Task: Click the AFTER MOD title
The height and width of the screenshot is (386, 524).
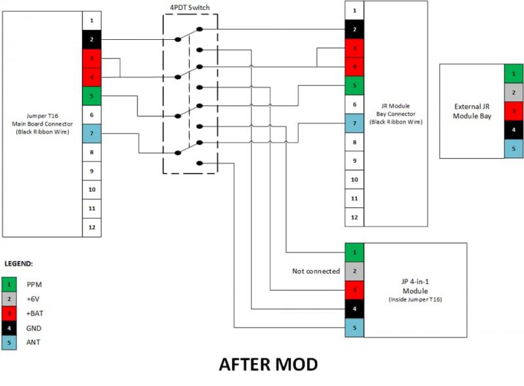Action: tap(268, 364)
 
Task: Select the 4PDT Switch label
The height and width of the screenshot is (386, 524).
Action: tap(190, 7)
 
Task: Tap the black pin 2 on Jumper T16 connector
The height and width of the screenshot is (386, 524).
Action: tap(92, 40)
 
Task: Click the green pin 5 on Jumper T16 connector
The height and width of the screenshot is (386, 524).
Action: tap(92, 96)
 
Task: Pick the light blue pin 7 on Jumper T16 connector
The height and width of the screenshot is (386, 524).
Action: tap(92, 133)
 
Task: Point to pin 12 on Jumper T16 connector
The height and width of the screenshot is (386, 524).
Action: tap(92, 228)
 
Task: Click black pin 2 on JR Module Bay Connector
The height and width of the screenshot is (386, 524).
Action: tap(354, 29)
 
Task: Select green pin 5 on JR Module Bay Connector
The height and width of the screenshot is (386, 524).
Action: tap(354, 86)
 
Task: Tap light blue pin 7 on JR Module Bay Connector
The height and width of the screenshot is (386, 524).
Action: tap(354, 123)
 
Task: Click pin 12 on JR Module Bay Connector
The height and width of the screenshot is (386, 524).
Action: tap(354, 217)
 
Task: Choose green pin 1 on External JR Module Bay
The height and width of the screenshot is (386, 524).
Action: tap(514, 73)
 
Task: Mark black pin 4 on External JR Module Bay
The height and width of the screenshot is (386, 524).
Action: tap(514, 130)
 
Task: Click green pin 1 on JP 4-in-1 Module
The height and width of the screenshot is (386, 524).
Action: tap(354, 252)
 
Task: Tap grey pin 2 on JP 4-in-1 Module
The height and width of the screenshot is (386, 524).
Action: tap(354, 271)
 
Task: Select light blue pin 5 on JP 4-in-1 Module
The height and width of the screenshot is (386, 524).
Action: tap(354, 328)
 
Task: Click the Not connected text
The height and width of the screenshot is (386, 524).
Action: tap(316, 271)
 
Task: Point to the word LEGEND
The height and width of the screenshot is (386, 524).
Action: tap(19, 264)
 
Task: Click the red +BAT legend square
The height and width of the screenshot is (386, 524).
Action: tap(10, 313)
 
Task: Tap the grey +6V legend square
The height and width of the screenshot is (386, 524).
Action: tap(10, 299)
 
